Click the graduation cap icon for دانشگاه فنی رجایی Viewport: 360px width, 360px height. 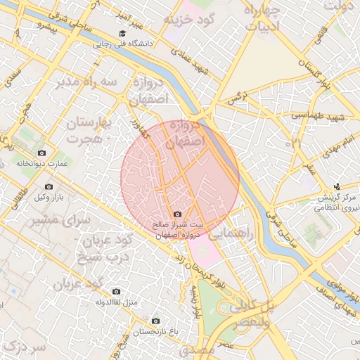pyautogui.click(x=122, y=33)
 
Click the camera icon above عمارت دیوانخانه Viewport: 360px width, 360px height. pyautogui.click(x=41, y=153)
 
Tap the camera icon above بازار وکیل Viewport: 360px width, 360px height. pyautogui.click(x=49, y=186)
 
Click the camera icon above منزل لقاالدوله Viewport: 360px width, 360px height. pyautogui.click(x=116, y=291)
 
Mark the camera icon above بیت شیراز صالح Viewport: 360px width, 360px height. pyautogui.click(x=176, y=214)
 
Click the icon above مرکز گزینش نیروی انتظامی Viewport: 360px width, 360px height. pyautogui.click(x=337, y=187)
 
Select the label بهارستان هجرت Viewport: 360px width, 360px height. pyautogui.click(x=93, y=131)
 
